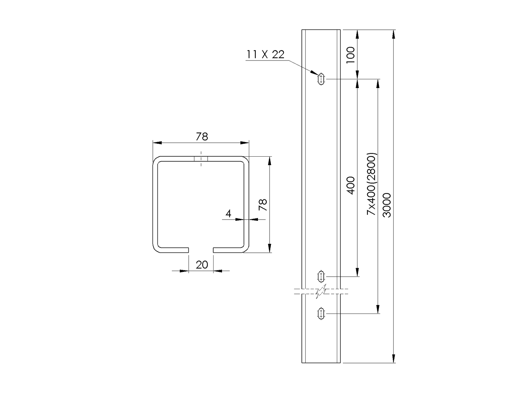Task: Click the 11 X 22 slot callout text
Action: pos(265,55)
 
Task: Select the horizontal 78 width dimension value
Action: pos(202,137)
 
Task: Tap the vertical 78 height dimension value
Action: pos(263,205)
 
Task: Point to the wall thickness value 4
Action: pos(228,214)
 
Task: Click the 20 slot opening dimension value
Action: pos(202,265)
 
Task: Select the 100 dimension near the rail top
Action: pos(351,55)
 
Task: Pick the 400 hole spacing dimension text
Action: pos(351,185)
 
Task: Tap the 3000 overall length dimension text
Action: pos(387,205)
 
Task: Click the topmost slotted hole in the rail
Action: pos(321,79)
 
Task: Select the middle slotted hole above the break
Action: pos(321,276)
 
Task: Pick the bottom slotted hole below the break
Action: pos(321,313)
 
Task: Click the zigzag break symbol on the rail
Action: pos(322,291)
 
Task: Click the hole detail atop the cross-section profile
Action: pos(201,159)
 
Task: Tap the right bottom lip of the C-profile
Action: pos(228,250)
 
